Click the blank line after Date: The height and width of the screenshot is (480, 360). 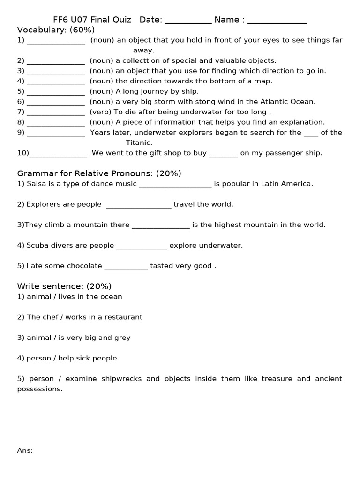pos(188,22)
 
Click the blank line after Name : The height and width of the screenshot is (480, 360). pos(277,22)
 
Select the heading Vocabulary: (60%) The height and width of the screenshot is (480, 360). pos(56,30)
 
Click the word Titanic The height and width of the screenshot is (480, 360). pos(139,142)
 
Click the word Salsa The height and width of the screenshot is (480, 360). pos(36,184)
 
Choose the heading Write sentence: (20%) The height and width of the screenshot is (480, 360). pos(64,286)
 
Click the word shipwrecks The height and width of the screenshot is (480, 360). pos(118,378)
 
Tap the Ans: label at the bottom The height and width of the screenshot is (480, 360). pos(25,450)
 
